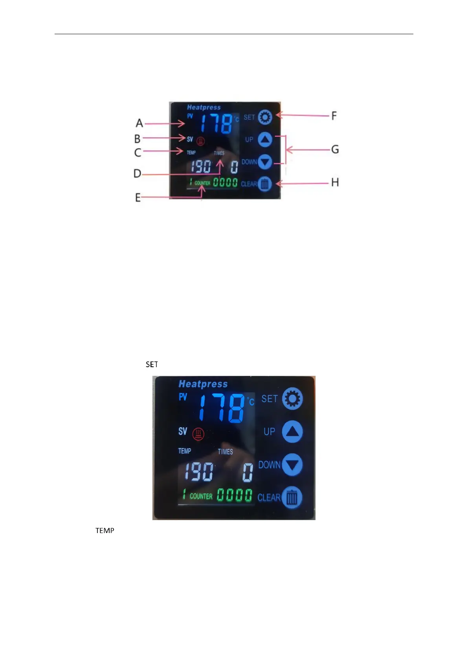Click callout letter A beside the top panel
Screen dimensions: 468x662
pos(139,123)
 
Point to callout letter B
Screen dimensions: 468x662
pos(137,139)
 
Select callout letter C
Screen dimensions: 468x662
pos(138,152)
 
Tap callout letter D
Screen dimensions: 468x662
pos(137,173)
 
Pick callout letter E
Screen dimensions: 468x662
pos(138,197)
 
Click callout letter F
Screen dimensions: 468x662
pos(334,116)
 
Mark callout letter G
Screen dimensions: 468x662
pos(335,149)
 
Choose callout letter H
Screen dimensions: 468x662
pos(335,182)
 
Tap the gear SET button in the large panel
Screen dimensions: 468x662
pos(292,398)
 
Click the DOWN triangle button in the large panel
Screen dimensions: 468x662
pos(292,465)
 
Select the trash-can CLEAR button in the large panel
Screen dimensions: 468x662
pos(292,498)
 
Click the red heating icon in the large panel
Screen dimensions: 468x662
pos(198,434)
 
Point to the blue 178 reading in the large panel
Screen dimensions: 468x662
pos(223,408)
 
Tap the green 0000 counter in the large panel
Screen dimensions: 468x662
pos(235,495)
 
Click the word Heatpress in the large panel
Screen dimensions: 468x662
pos(203,384)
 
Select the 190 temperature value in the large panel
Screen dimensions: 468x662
pos(199,472)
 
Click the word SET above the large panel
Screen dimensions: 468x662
pos(152,364)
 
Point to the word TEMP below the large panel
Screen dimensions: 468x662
pos(105,531)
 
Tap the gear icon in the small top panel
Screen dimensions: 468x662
pos(265,117)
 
